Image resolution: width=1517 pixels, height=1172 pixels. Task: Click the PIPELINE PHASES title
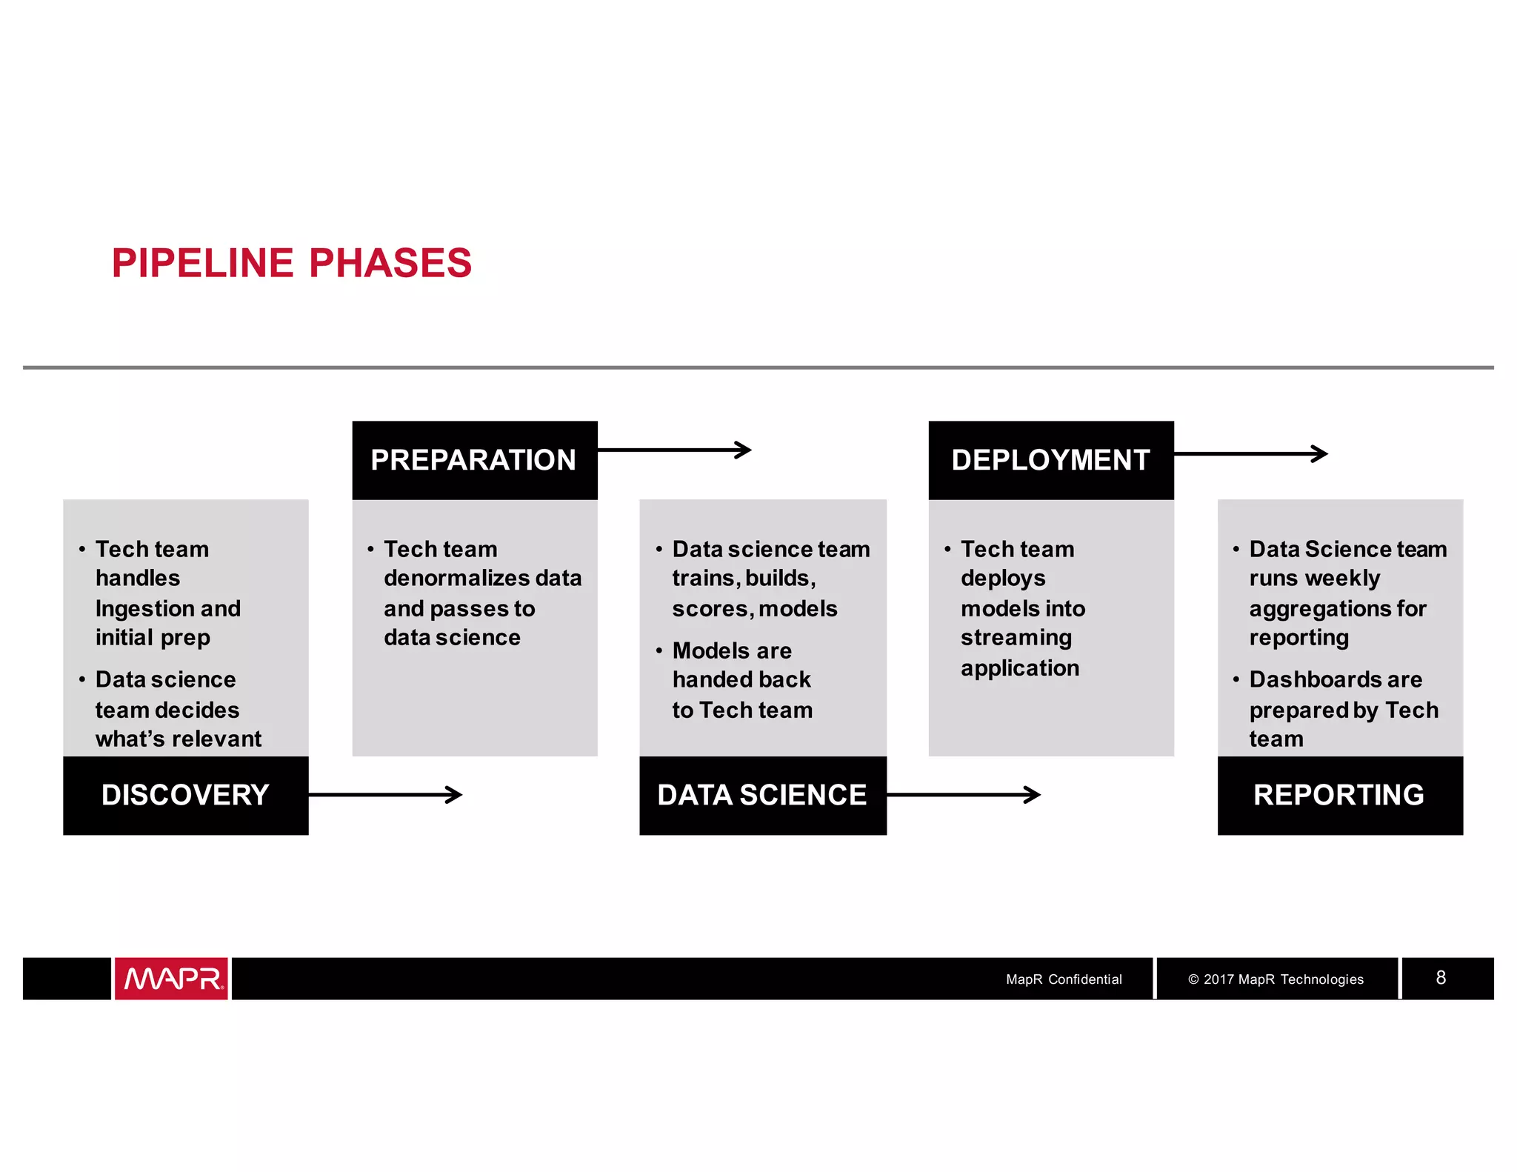coord(291,263)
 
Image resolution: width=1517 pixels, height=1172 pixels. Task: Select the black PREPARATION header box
coord(474,460)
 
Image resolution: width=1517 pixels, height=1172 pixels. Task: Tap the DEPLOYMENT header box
coord(1050,460)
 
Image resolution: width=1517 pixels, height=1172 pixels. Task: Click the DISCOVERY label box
coord(185,795)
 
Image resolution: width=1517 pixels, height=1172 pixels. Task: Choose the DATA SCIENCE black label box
coord(762,795)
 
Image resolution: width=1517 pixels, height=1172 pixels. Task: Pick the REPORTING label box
coord(1339,795)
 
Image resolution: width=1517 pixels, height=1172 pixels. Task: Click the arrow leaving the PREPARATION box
coord(674,450)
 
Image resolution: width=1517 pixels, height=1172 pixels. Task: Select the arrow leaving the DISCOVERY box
coord(385,795)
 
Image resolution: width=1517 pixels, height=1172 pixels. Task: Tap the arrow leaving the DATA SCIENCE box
coord(963,795)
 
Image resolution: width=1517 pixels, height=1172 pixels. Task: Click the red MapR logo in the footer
coord(171,979)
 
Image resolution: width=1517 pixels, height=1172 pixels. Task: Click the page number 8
coord(1441,978)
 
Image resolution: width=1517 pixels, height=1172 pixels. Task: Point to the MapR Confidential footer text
coord(1064,979)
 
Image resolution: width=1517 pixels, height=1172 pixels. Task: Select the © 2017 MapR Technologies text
coord(1276,979)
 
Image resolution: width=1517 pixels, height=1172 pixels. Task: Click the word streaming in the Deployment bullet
coord(1016,638)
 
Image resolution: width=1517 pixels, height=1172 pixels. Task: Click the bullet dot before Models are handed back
coord(659,650)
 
